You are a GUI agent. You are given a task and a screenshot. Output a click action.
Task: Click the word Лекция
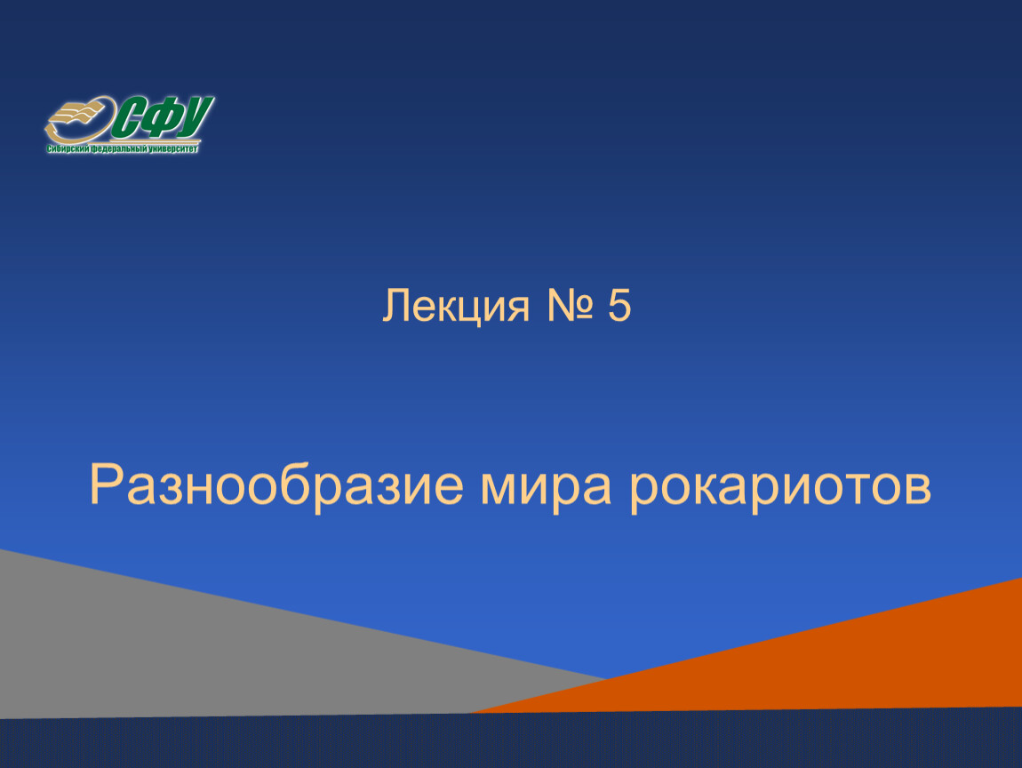(456, 305)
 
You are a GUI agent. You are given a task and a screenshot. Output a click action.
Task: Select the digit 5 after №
(619, 305)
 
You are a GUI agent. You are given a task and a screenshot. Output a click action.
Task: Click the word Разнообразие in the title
(276, 485)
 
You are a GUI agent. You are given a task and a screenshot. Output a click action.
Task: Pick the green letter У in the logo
(195, 116)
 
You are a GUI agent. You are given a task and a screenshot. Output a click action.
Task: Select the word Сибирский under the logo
(68, 149)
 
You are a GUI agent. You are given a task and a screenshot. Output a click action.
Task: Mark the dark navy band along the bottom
(511, 741)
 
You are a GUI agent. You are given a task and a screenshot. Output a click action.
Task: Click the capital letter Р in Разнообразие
(107, 484)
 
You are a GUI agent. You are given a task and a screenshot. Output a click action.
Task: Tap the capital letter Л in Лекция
(398, 305)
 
